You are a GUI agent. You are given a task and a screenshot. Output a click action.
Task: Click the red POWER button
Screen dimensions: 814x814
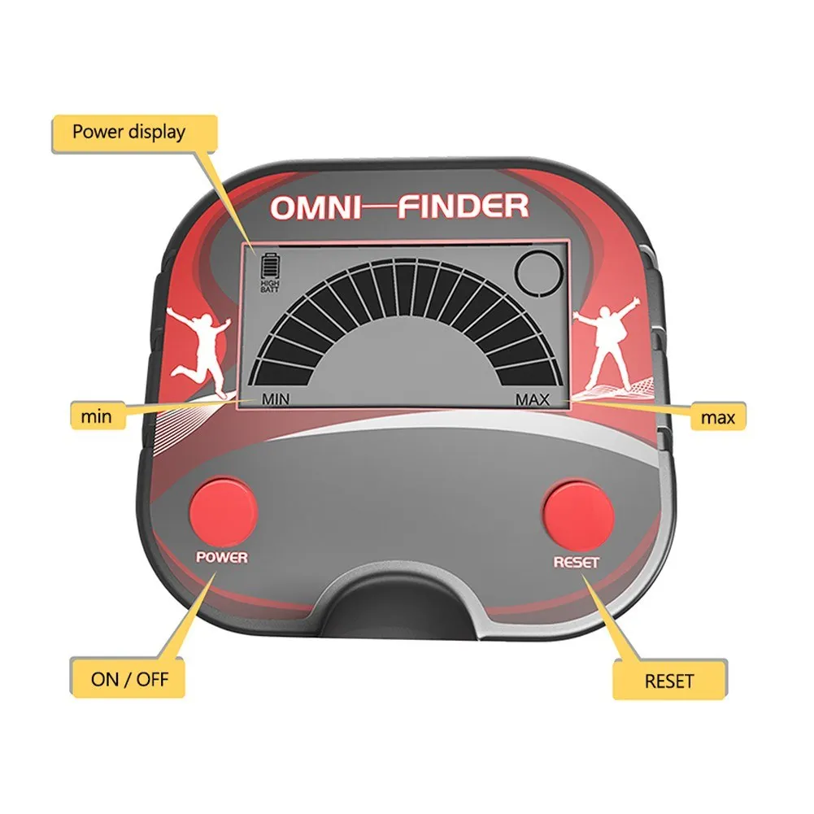222,511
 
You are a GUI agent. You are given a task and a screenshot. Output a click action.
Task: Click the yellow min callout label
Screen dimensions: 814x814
95,416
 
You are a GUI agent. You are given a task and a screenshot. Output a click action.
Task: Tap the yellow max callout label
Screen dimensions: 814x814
718,417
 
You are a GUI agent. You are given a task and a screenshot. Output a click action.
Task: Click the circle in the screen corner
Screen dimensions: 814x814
540,272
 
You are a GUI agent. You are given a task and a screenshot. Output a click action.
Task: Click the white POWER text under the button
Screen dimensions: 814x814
221,558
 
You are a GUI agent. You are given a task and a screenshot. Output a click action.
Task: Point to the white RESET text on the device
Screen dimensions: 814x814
576,562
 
